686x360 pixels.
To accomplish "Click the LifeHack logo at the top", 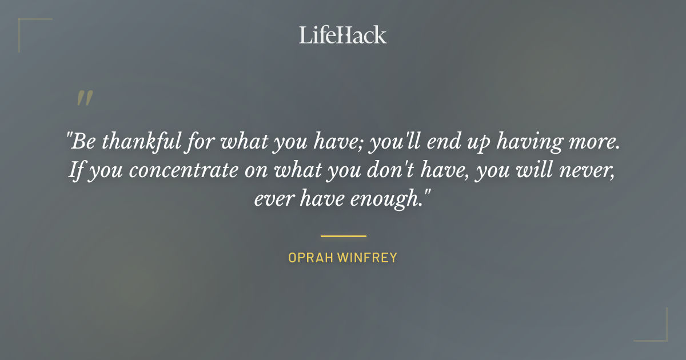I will pos(343,35).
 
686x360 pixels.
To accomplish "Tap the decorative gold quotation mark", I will pos(85,98).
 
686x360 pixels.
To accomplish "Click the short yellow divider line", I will pos(343,235).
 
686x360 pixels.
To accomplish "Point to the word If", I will pos(75,171).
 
